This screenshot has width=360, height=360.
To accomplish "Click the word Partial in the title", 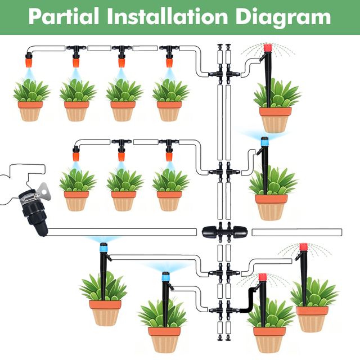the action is click(x=64, y=16).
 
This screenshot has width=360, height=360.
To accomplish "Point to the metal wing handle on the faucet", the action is click(x=44, y=191).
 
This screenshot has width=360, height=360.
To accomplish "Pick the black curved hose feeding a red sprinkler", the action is click(x=249, y=300).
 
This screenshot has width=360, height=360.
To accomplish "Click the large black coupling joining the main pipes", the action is click(x=224, y=232).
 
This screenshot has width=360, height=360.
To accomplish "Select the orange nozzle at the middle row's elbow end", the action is click(x=76, y=156).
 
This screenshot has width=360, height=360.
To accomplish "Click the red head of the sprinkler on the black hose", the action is click(x=263, y=277).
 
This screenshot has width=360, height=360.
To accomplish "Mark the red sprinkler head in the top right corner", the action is click(x=268, y=47).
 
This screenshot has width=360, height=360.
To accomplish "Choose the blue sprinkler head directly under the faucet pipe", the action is click(x=103, y=247).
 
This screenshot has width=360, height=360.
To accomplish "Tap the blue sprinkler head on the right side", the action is click(x=265, y=141).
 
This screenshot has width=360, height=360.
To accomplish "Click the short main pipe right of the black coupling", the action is click(x=297, y=232).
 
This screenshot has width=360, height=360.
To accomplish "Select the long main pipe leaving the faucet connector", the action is click(x=122, y=232).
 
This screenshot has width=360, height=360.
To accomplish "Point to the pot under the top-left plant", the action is click(x=30, y=111).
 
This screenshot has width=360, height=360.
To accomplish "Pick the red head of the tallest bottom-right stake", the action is click(x=304, y=247).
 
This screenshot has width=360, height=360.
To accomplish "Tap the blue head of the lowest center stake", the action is click(x=166, y=276).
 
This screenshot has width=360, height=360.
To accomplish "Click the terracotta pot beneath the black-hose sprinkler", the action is click(x=269, y=339).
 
